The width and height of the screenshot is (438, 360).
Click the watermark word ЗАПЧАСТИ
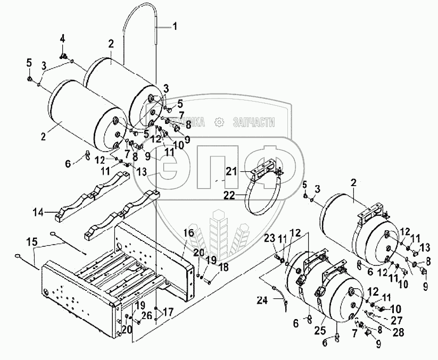click(254, 122)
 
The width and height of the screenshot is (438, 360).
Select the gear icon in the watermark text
click(218, 122)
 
